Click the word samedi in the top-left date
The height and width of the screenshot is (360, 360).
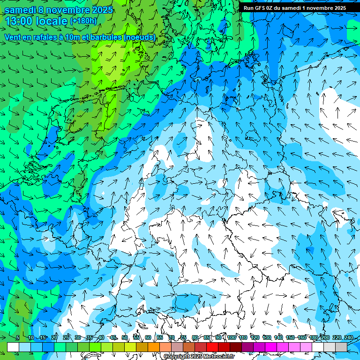(20, 10)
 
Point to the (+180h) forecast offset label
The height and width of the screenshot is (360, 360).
(83, 21)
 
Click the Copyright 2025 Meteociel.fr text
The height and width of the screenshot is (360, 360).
(199, 357)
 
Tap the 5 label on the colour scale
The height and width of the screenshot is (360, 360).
(18, 338)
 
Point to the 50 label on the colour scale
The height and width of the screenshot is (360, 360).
(125, 338)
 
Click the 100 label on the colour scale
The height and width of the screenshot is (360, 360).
(232, 338)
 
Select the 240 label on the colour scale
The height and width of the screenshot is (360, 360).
(348, 338)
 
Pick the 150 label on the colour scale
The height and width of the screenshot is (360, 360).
(290, 338)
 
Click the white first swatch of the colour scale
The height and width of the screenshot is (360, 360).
(13, 347)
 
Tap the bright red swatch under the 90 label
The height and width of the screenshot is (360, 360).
(212, 347)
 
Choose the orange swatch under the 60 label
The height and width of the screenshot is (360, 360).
(142, 347)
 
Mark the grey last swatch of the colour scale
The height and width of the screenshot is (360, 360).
(341, 347)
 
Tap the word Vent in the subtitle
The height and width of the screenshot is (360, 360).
(13, 37)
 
